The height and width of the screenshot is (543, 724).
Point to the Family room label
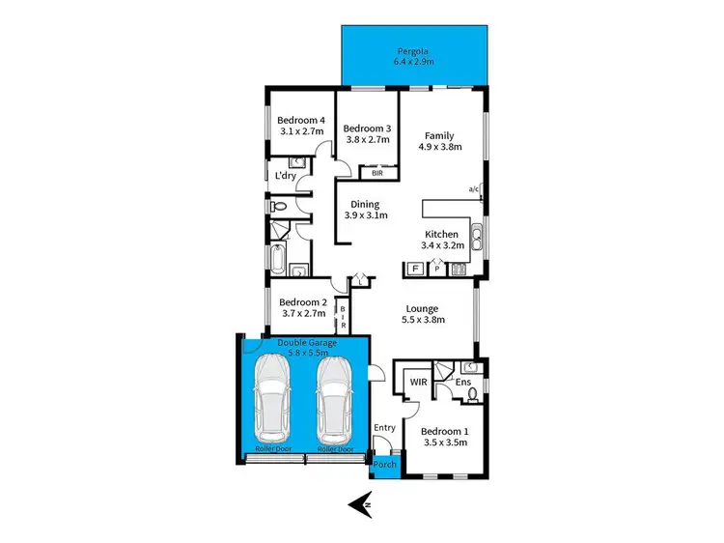coord(437,135)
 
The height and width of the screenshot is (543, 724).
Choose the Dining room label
coord(365,204)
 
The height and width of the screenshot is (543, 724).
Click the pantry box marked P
coord(436,269)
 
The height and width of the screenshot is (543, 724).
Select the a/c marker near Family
coord(474,188)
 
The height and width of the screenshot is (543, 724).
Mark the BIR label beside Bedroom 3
coord(377,173)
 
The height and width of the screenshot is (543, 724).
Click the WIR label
coord(418,383)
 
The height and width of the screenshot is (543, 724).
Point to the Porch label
coord(384,465)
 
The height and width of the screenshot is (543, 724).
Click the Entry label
coord(384,426)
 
